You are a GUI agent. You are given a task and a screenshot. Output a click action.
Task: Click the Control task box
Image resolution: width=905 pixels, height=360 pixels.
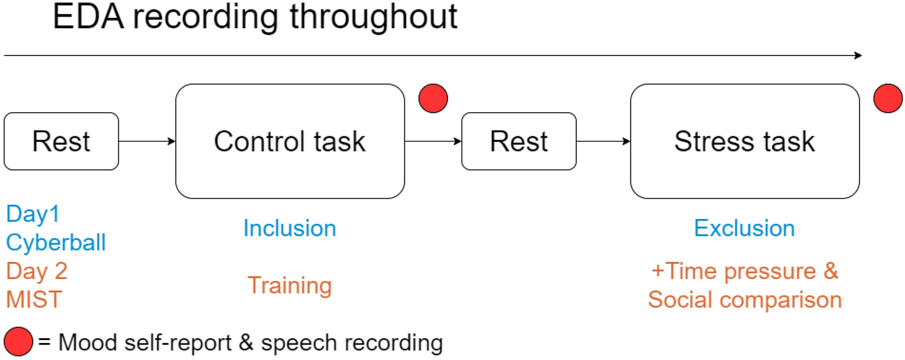point(290,141)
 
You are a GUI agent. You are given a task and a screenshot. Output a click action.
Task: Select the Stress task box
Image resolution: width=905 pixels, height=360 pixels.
point(744,141)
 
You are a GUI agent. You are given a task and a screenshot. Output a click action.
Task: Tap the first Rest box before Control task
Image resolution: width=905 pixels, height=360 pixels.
point(61,142)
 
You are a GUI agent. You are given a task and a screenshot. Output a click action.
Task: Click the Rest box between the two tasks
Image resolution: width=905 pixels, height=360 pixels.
point(518,142)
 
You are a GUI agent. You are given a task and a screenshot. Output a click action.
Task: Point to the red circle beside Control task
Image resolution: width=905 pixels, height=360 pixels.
point(433,98)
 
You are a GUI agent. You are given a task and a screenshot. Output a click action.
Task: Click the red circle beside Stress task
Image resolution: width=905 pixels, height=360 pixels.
point(888,98)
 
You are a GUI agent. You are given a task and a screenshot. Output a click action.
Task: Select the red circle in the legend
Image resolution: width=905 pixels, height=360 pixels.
point(18,342)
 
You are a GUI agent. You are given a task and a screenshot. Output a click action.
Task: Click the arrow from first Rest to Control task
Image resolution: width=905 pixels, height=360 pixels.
point(147,141)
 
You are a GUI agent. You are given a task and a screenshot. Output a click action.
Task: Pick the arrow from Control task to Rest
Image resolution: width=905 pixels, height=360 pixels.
point(433,141)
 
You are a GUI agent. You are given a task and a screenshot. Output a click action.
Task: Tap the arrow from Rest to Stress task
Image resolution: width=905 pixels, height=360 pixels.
point(603,141)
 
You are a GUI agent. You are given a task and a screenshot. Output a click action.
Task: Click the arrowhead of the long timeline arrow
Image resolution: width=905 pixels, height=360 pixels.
point(857,55)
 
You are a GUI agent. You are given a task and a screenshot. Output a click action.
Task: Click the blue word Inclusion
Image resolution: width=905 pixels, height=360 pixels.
point(289,228)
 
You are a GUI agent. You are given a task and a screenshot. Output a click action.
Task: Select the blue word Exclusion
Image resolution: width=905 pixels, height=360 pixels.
point(744,228)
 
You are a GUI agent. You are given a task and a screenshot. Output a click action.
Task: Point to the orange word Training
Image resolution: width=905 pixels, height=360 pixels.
point(289,286)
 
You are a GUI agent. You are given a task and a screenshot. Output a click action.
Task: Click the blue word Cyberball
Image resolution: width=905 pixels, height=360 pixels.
point(56,243)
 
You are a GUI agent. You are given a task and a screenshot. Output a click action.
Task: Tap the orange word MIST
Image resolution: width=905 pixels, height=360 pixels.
point(34,300)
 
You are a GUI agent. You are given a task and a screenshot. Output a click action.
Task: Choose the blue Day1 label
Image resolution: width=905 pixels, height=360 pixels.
point(33,214)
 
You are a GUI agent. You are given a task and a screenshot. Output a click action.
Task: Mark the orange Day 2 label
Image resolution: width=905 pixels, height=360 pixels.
point(37,271)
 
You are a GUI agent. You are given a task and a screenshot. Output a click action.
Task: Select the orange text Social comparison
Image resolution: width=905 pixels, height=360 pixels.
point(744,300)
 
